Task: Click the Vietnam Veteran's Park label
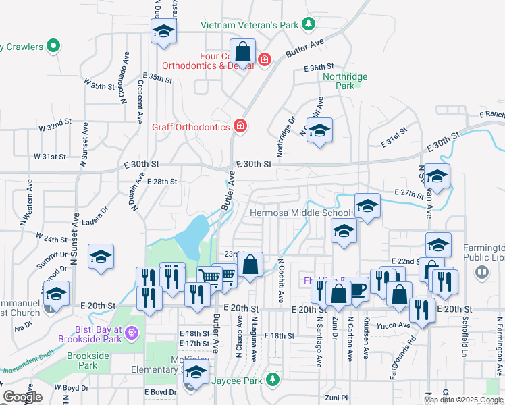[249, 25]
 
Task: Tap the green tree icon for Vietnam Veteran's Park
[308, 24]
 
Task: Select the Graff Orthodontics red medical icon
[239, 126]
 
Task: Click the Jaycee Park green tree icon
[273, 379]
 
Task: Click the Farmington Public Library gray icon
[482, 271]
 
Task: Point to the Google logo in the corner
[22, 397]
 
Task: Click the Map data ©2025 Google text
[464, 400]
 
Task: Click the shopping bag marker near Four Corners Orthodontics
[243, 51]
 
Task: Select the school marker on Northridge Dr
[319, 131]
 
